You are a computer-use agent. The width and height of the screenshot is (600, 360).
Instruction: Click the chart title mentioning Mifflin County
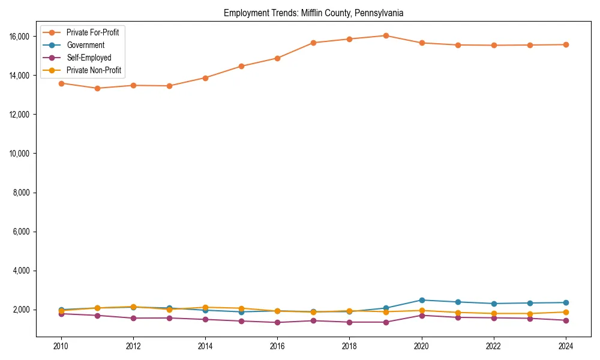(x=313, y=13)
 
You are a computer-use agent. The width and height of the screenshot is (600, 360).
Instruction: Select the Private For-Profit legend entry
(x=92, y=32)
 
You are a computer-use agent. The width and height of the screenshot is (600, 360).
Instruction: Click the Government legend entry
(x=85, y=45)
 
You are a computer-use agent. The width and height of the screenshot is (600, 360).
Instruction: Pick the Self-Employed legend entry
(x=89, y=58)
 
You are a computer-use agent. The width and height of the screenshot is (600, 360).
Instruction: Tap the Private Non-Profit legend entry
(x=94, y=70)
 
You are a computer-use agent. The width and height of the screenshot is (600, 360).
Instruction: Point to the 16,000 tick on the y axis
(x=20, y=37)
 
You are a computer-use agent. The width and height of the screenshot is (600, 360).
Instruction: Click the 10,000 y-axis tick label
(x=20, y=154)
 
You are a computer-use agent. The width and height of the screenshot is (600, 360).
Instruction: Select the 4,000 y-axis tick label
(x=22, y=271)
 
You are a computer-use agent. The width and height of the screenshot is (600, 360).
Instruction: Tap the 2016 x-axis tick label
(x=277, y=346)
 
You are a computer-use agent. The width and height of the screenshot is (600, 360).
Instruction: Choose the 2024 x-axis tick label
(x=565, y=346)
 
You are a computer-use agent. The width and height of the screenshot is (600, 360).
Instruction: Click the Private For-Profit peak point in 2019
(x=386, y=35)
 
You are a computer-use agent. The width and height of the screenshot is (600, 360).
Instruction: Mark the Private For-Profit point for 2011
(x=97, y=88)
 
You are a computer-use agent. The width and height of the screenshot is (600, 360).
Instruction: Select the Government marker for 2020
(x=422, y=300)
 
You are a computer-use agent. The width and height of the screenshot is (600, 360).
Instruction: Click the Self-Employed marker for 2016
(x=277, y=322)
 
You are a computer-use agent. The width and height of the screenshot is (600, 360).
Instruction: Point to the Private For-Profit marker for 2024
(x=565, y=44)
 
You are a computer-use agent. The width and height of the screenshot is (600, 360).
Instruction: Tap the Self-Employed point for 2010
(x=61, y=314)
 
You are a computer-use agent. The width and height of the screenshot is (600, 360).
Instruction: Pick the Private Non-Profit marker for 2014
(x=205, y=307)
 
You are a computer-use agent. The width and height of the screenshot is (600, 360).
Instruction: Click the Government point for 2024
(x=565, y=302)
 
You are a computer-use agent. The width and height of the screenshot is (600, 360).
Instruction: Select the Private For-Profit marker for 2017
(x=313, y=43)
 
